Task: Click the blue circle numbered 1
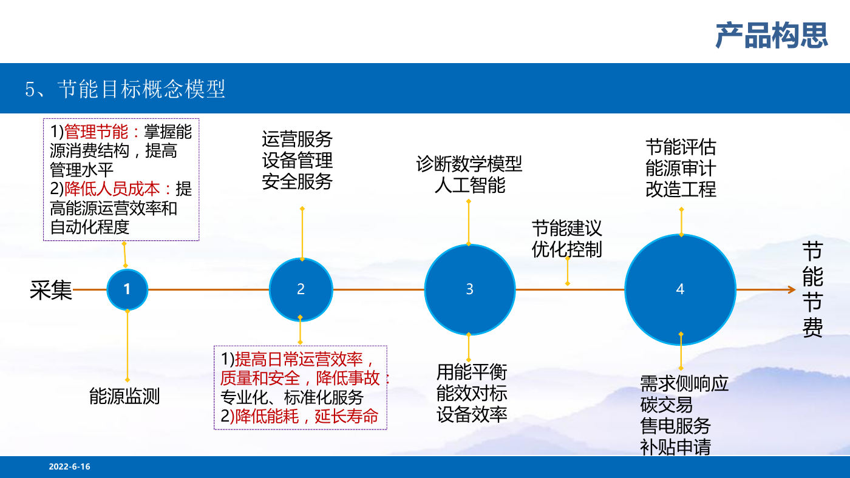click(127, 289)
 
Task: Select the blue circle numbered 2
click(301, 289)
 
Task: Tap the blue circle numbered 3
click(470, 289)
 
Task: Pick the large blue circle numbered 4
click(681, 289)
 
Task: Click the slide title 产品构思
click(772, 35)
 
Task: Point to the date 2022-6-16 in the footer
click(69, 466)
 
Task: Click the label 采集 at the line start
click(51, 291)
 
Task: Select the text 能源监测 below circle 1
click(124, 396)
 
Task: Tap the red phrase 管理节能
click(97, 132)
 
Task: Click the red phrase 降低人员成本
click(112, 189)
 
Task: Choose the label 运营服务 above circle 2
click(297, 139)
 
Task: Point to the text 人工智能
click(470, 186)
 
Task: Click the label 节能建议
click(567, 228)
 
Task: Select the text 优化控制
click(567, 249)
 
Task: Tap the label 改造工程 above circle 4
click(681, 189)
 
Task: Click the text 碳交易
click(667, 405)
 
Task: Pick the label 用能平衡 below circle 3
click(472, 372)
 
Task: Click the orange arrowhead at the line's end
click(792, 289)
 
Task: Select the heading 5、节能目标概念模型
click(125, 89)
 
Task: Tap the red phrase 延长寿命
click(347, 416)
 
